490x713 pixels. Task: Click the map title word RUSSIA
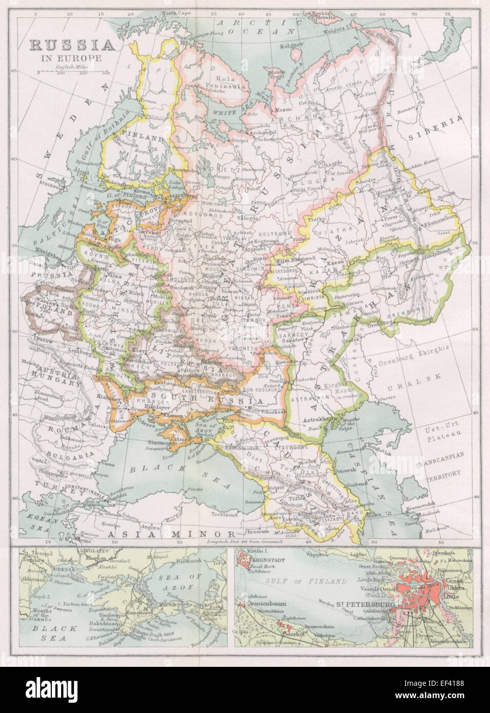point(72,46)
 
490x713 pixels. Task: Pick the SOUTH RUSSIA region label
point(174,400)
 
